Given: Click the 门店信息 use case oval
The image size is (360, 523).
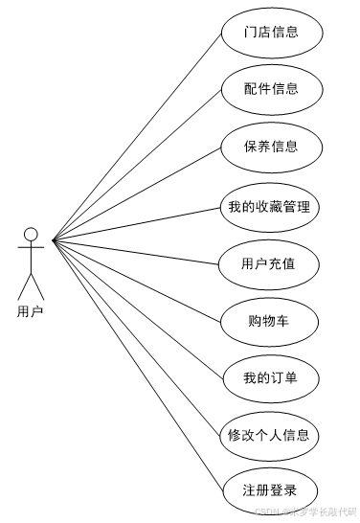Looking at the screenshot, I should (x=271, y=33).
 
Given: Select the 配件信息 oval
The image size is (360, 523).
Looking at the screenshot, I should (x=271, y=89).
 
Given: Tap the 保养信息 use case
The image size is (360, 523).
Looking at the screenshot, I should (x=271, y=147).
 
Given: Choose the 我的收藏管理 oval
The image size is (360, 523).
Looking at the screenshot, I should (x=271, y=206).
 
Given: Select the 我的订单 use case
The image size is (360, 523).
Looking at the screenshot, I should (x=271, y=377).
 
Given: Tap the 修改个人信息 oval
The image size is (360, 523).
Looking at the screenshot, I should (x=271, y=435).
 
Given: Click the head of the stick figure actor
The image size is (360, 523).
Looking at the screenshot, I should (x=32, y=234).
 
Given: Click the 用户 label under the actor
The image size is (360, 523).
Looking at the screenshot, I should (x=31, y=310).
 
